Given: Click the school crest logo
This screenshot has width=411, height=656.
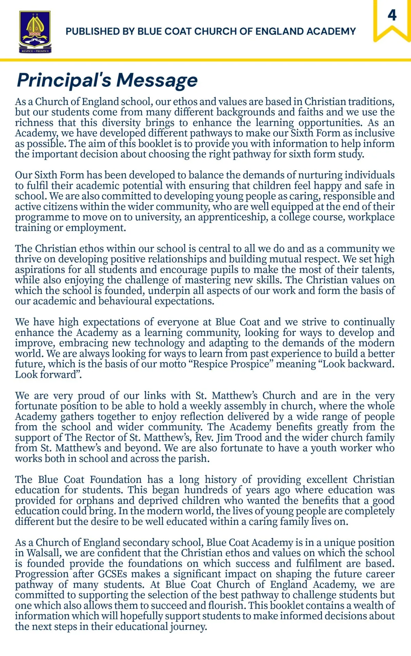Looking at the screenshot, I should (x=35, y=32).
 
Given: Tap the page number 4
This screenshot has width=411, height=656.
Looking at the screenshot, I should (x=392, y=15).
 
